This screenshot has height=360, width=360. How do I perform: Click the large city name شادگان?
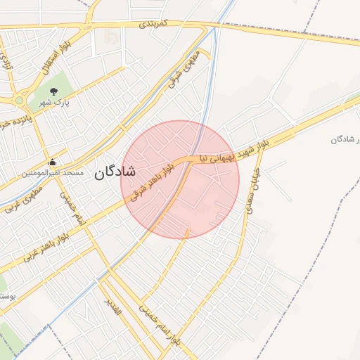click(x=114, y=171)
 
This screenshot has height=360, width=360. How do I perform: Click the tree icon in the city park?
click(x=54, y=91)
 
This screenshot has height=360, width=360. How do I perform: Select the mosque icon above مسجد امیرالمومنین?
click(x=52, y=162)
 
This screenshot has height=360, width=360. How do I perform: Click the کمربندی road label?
click(x=155, y=24)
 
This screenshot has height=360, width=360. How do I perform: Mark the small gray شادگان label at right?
click(x=345, y=139)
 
